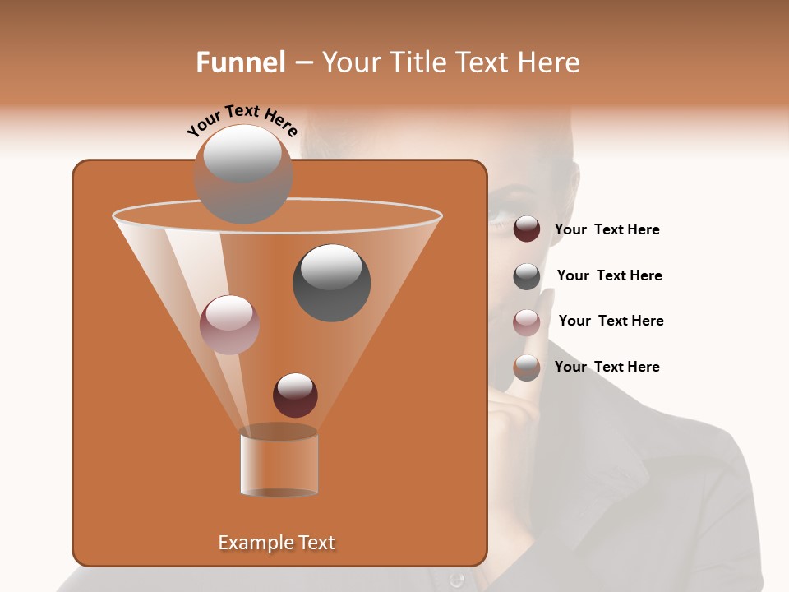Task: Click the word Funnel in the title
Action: pos(241,62)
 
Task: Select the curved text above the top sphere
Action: pos(242,121)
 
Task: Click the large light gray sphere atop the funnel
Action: pos(243,174)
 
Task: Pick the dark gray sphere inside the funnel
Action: pos(332,283)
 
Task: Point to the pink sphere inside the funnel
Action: pos(230,325)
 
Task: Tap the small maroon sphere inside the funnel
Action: pos(296,395)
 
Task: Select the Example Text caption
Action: pos(276,543)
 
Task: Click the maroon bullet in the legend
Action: pos(527,229)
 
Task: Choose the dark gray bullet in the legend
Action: pos(527,276)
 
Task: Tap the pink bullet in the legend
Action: pos(527,321)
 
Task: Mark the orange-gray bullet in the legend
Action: pos(527,368)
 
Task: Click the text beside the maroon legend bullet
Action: pos(607,230)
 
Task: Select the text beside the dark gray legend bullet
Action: pos(609,276)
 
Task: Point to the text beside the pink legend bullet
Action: pos(611,321)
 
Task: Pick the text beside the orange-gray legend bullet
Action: pos(607,368)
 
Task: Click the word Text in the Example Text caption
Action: pos(312,543)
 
